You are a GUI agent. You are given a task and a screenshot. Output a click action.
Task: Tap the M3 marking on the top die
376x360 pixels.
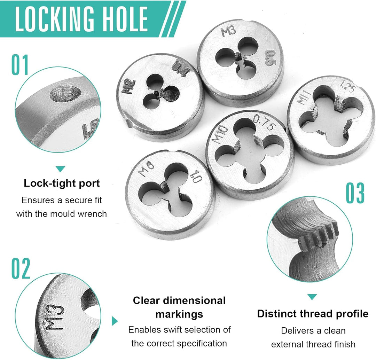(x=228, y=32)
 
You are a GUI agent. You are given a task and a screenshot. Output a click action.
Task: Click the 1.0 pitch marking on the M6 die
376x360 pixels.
(x=196, y=177)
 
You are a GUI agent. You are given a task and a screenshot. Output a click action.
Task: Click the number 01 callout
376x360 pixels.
(x=20, y=65)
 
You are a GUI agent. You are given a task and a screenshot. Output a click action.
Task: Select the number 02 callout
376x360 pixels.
(x=21, y=269)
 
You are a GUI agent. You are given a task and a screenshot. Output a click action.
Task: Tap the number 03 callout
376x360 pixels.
(x=355, y=193)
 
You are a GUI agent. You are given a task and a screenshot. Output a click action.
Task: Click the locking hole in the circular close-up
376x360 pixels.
(x=65, y=94)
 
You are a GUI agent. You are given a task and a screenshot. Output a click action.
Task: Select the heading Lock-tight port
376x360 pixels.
(x=62, y=183)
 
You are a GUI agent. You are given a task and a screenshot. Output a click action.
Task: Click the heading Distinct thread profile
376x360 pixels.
(x=313, y=314)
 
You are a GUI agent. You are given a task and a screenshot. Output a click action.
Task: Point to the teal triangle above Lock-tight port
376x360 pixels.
(x=61, y=169)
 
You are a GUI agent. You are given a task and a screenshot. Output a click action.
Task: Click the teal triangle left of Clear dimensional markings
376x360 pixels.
(x=115, y=321)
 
